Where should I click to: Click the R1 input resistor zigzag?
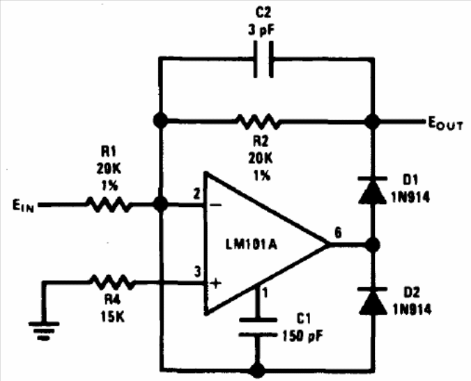(108, 205)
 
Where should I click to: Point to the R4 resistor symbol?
(112, 282)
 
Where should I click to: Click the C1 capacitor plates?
(256, 327)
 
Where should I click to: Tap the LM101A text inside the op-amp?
(253, 245)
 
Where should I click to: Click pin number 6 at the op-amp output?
(339, 233)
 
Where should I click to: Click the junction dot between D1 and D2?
(373, 245)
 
